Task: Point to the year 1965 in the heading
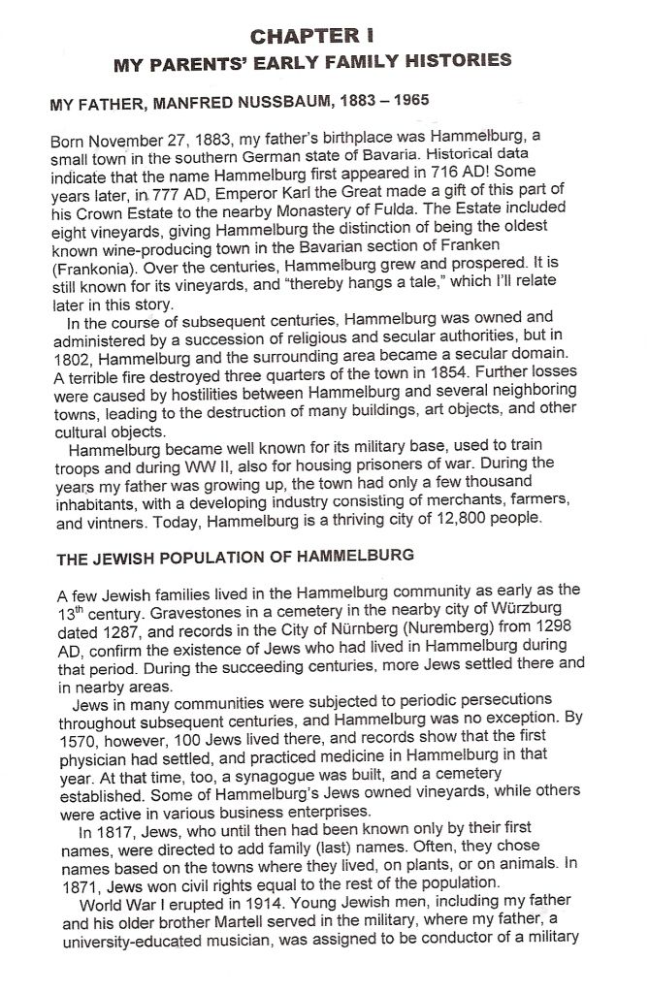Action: pos(409,99)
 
